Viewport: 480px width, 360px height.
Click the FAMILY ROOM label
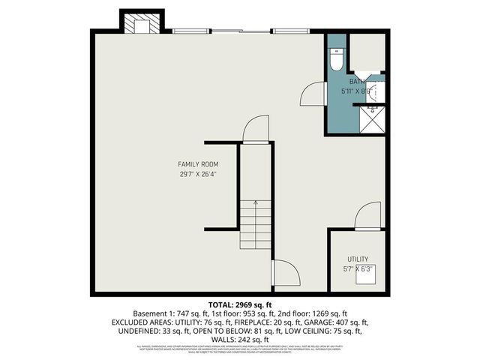198,164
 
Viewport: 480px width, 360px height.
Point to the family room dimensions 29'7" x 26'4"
198,175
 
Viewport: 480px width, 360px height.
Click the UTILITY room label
358,259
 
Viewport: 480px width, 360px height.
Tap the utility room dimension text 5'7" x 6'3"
358,268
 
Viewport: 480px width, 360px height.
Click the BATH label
355,81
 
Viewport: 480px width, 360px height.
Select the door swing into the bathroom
311,94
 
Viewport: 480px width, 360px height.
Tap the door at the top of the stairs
255,128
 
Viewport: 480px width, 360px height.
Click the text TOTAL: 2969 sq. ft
239,304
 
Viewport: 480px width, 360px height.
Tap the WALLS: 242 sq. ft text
239,340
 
